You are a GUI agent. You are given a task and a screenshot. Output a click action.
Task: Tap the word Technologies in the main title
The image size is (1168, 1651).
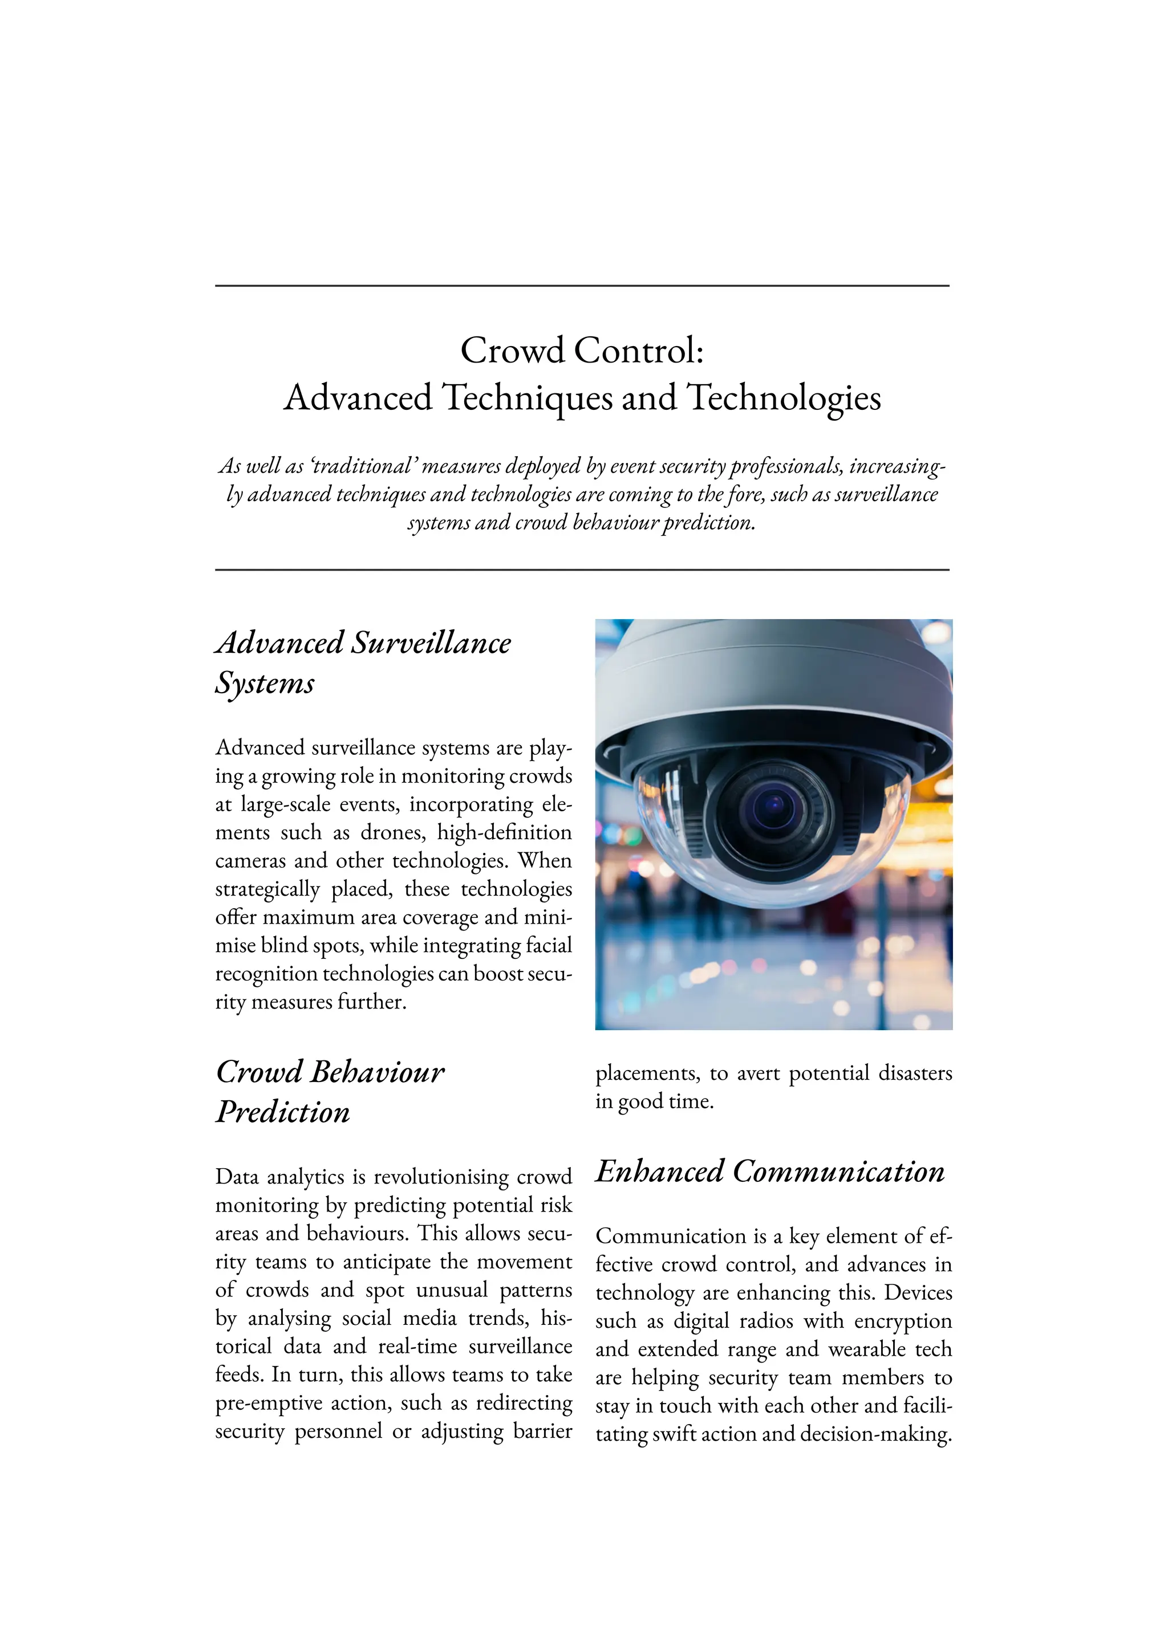pos(784,398)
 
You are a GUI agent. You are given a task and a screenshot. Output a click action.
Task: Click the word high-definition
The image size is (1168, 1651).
pos(504,833)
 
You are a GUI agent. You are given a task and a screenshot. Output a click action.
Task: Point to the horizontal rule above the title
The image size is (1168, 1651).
pos(582,286)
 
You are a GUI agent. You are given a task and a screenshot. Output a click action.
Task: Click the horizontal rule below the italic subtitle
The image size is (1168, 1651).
pos(582,570)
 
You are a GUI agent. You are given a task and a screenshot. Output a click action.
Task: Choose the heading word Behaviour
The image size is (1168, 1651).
pos(378,1072)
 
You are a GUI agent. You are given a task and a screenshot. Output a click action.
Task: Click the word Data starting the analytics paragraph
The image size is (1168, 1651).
pos(237,1177)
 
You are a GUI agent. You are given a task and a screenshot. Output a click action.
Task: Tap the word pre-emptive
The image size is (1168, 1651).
pos(268,1403)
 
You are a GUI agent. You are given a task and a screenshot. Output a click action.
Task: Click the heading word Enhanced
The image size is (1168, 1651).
pos(659,1172)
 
